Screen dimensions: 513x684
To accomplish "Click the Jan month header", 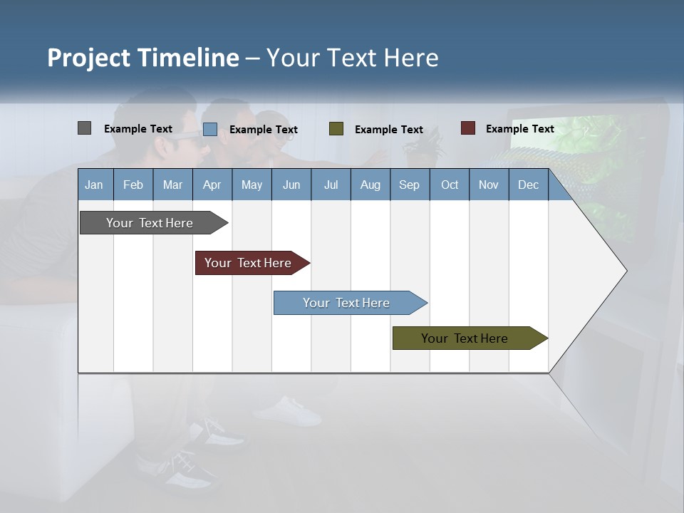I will (x=95, y=185).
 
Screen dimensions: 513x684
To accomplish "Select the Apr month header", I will (x=212, y=185).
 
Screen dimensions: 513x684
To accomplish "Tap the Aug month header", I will (x=370, y=185).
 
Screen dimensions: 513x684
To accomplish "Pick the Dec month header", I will (x=528, y=185).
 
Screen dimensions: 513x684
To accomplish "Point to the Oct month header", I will (x=449, y=185).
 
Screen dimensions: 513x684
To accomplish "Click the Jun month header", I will (x=291, y=185).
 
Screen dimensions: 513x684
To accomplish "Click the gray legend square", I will (x=84, y=128).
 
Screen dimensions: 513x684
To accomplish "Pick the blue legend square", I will (x=209, y=129).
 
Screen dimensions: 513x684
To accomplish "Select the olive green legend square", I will (x=336, y=129).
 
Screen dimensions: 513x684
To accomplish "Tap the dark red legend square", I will (x=467, y=128).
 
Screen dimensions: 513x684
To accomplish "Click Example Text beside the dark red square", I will (x=519, y=128).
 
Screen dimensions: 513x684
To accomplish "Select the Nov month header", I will (x=488, y=185).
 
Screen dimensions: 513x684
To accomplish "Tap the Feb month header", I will (x=133, y=185).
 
